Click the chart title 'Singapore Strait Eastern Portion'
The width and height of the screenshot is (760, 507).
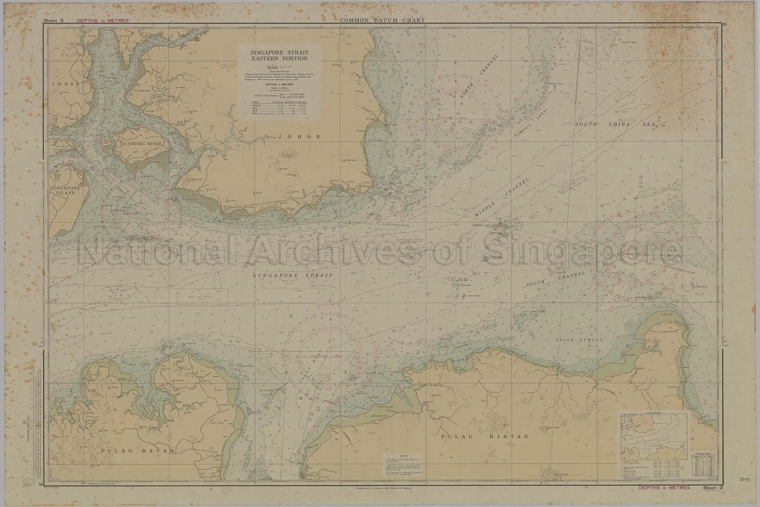click(x=279, y=55)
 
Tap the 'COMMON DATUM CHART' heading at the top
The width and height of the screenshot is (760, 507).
click(x=382, y=20)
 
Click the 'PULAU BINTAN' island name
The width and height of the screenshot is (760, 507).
click(x=485, y=437)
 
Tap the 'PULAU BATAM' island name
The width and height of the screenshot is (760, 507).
click(x=138, y=451)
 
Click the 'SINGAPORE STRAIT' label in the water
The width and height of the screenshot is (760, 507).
click(x=292, y=275)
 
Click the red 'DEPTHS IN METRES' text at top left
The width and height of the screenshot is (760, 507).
click(x=102, y=21)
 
